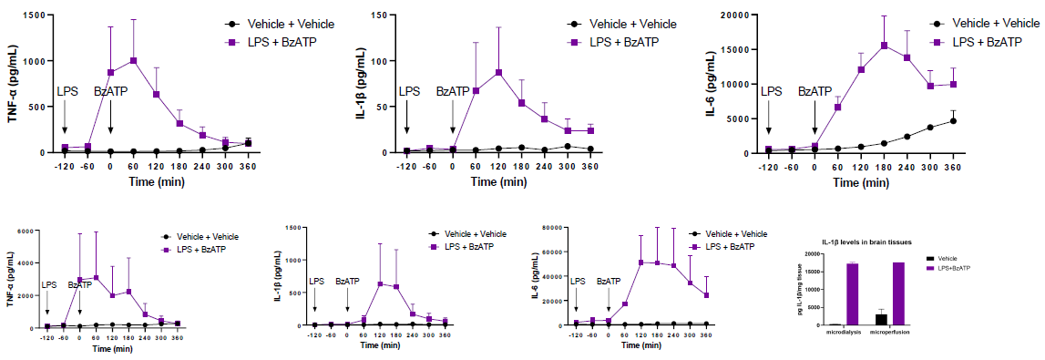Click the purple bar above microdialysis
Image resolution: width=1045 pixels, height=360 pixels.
[852, 293]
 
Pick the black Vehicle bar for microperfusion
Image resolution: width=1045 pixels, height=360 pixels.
[881, 319]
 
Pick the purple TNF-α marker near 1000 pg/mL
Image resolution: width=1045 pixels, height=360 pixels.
[133, 61]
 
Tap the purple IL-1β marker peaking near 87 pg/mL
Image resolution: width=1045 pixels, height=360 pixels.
[499, 72]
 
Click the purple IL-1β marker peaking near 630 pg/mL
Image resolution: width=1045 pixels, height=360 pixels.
[381, 284]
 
